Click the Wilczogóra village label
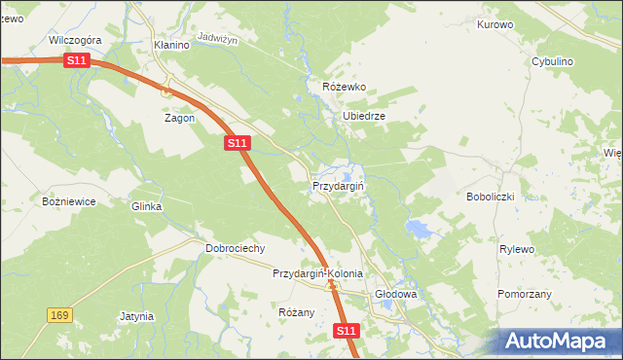75,41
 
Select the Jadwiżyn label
217,37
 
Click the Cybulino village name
552,61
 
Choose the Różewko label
344,87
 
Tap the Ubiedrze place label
364,116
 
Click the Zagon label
179,118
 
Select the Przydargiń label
338,185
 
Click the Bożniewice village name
68,201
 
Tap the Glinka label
146,206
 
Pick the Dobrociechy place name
236,248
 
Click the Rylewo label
517,249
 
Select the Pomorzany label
525,293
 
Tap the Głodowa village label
396,294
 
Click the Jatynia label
136,316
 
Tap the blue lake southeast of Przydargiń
419,230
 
